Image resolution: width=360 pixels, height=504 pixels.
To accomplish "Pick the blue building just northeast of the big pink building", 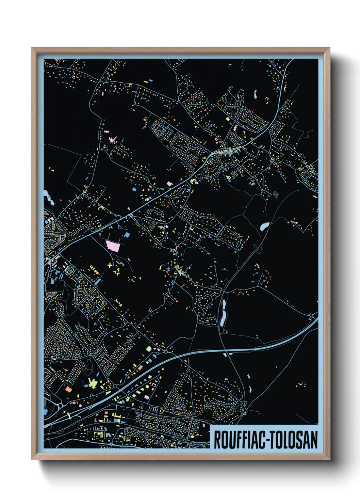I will click(127, 235).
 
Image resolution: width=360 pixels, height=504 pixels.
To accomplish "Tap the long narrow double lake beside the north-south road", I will click(223, 312).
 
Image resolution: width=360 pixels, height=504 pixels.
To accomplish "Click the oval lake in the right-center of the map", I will click(264, 226).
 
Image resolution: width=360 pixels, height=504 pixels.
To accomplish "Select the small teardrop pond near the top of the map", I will click(255, 94).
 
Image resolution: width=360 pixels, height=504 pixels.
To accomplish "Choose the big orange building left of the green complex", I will click(68, 389).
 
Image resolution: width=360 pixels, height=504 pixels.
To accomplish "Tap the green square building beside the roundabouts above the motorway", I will click(148, 349).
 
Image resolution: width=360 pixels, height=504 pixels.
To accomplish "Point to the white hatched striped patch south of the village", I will click(275, 194).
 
